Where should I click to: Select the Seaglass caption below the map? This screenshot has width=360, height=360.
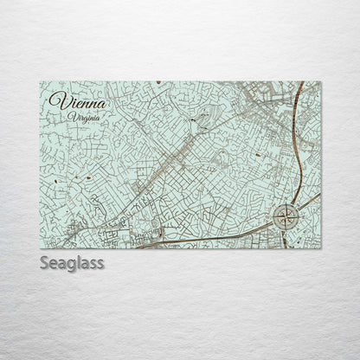click(72, 262)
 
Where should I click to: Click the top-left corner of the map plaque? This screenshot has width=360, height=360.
click(40, 82)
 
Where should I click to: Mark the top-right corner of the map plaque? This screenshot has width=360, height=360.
click(321, 82)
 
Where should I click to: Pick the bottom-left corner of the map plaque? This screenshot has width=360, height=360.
click(40, 248)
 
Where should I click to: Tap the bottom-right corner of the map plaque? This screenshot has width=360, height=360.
click(321, 248)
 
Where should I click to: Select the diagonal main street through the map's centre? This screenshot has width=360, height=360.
click(173, 164)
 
